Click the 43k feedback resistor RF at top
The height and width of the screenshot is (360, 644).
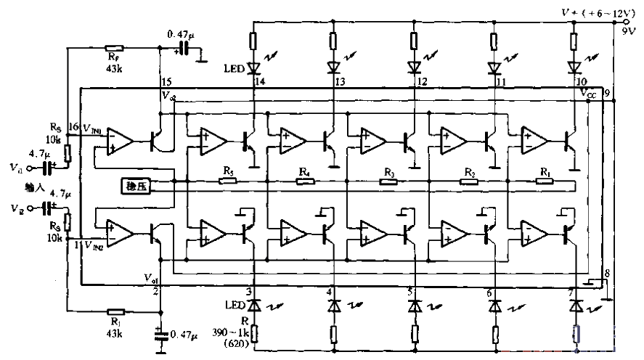coord(113,47)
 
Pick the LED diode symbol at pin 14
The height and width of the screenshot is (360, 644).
coord(253,68)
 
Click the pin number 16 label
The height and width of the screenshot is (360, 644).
coord(73,127)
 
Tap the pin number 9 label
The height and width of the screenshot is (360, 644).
coord(606,94)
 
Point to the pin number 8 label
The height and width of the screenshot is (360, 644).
coord(607,272)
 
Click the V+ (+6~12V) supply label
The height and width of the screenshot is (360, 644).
coord(590,12)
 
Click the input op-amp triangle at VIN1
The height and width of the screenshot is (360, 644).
coord(119,140)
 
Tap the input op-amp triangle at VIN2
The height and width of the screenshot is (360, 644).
coord(119,232)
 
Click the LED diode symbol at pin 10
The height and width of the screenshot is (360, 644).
coord(574,68)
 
